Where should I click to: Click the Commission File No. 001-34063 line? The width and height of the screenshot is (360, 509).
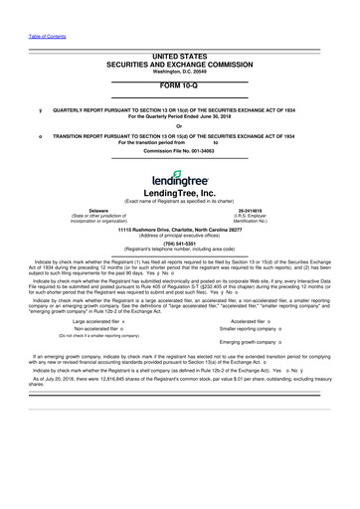click(179, 150)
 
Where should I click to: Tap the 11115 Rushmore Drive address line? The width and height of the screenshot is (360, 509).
click(179, 229)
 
